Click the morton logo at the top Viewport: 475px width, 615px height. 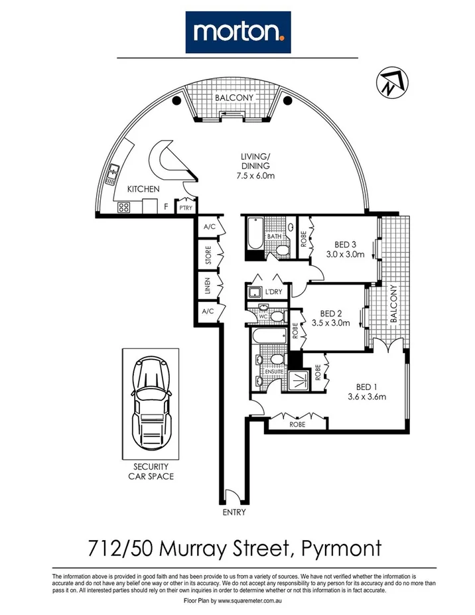pos(237,32)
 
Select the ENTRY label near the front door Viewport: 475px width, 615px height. pos(234,512)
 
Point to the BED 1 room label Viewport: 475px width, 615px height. pos(367,392)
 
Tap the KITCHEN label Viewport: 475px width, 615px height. pos(143,189)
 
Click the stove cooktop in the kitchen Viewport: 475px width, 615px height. pos(124,207)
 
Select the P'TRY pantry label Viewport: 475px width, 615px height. pos(185,208)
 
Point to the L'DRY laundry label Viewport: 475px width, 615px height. pos(272,292)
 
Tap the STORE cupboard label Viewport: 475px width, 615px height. pos(208,255)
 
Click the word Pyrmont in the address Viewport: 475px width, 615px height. pos(342,548)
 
